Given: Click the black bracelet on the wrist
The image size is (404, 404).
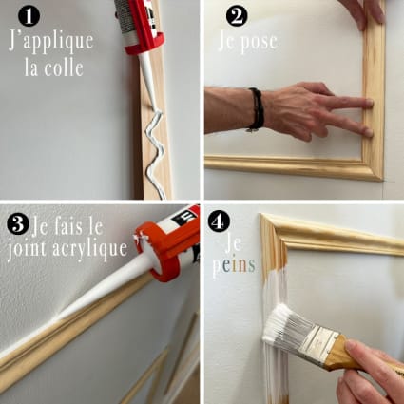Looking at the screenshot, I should [x=255, y=108].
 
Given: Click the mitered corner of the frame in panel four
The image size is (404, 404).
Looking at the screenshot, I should [x=272, y=229].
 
